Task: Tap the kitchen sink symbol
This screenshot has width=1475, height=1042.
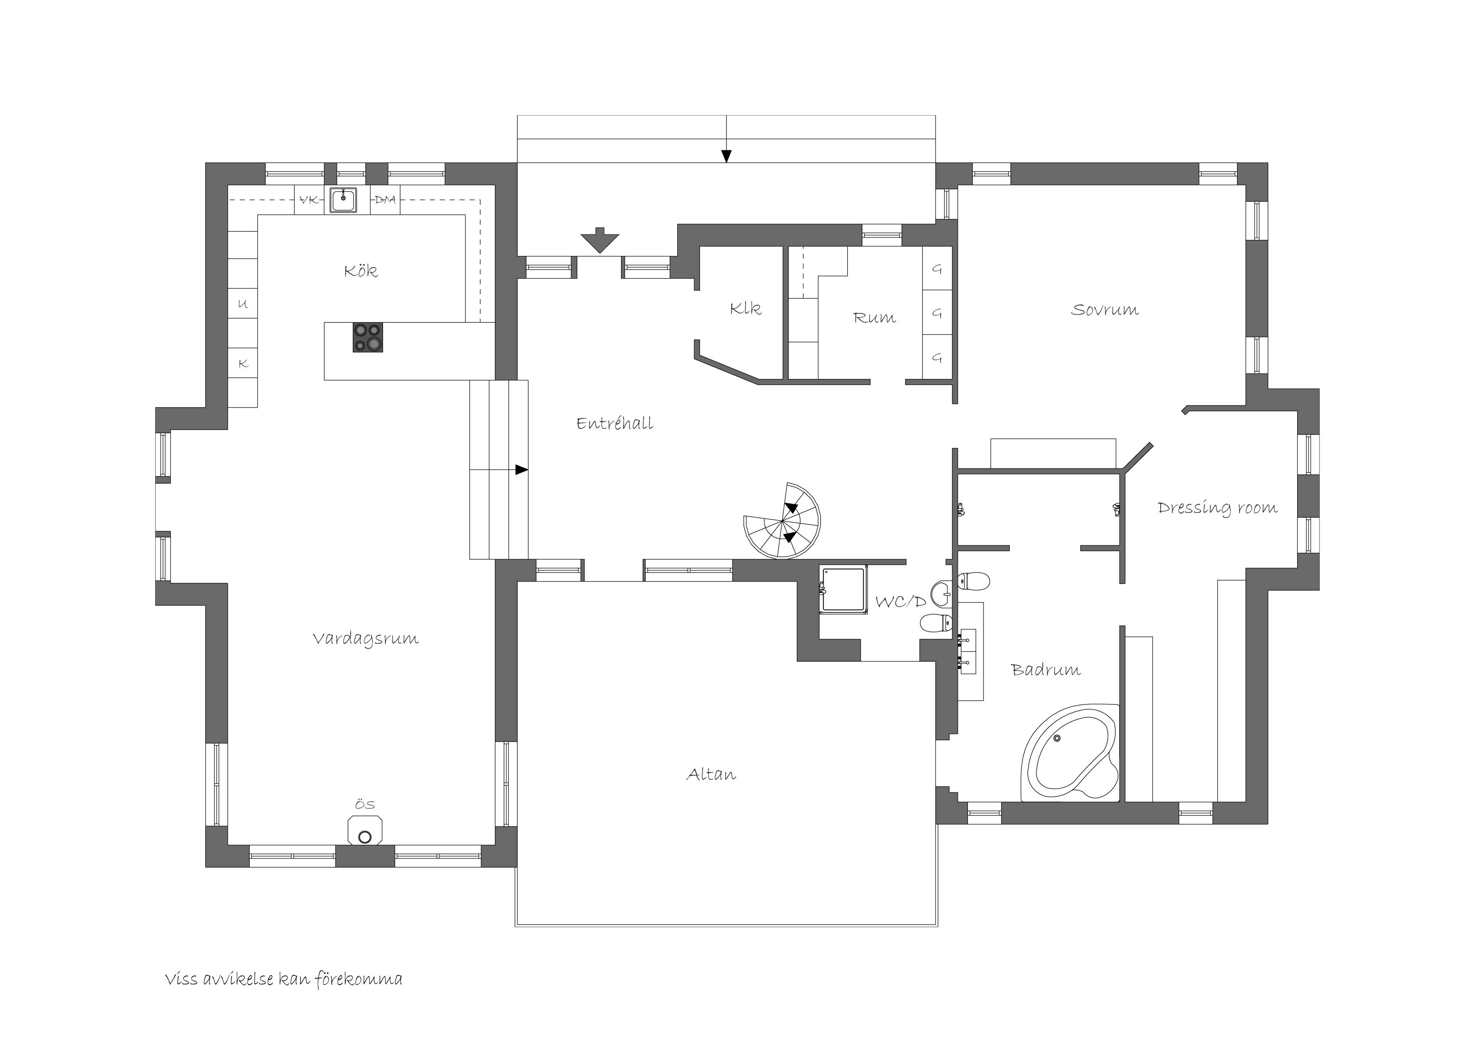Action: [343, 200]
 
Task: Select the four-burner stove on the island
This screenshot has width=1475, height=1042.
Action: [367, 337]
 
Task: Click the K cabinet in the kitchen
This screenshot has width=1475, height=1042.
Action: [243, 363]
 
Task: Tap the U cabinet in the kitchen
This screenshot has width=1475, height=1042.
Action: [243, 304]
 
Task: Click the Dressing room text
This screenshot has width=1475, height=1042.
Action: [1217, 508]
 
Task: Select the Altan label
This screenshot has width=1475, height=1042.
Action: [711, 774]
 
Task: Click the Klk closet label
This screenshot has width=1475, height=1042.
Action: [745, 309]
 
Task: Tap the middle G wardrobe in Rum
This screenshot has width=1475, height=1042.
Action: [937, 313]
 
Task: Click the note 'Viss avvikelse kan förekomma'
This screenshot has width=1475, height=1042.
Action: [283, 979]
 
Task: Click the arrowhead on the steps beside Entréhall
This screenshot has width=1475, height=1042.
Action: [522, 470]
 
